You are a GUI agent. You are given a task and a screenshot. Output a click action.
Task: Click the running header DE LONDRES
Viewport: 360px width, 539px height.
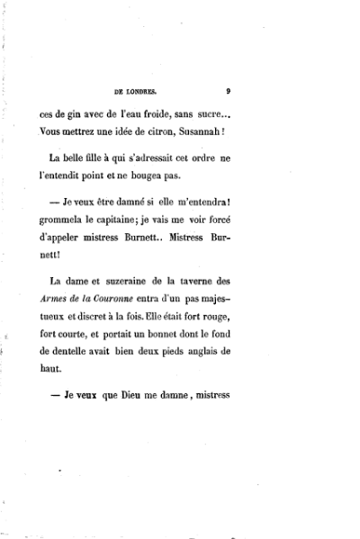pyautogui.click(x=137, y=91)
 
